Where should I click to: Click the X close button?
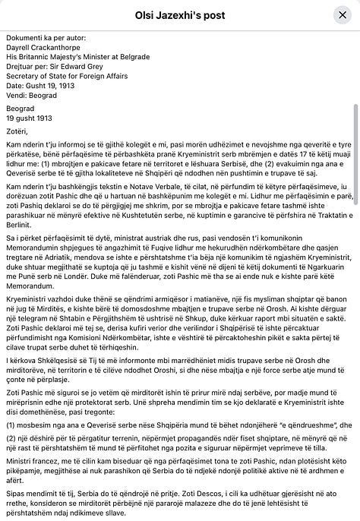[341, 14]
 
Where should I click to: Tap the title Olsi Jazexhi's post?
[180, 14]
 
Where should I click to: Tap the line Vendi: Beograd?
[32, 93]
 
